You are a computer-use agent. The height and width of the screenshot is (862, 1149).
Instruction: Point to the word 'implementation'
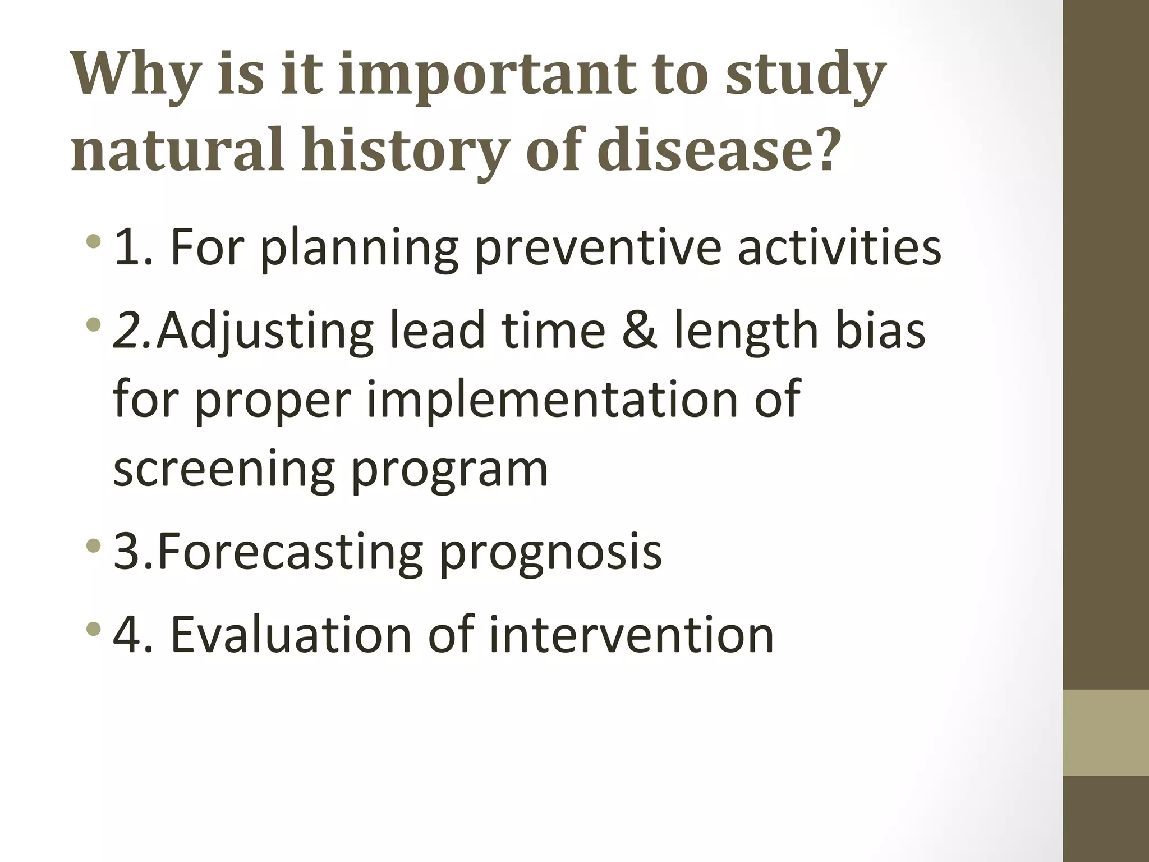click(x=551, y=400)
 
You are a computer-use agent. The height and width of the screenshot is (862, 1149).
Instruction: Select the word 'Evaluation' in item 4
click(x=291, y=635)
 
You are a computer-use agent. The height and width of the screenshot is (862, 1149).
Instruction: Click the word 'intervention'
click(x=631, y=635)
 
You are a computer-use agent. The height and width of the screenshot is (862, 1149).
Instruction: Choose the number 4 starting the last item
click(x=128, y=635)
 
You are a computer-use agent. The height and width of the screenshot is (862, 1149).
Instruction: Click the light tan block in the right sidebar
click(x=1105, y=732)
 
